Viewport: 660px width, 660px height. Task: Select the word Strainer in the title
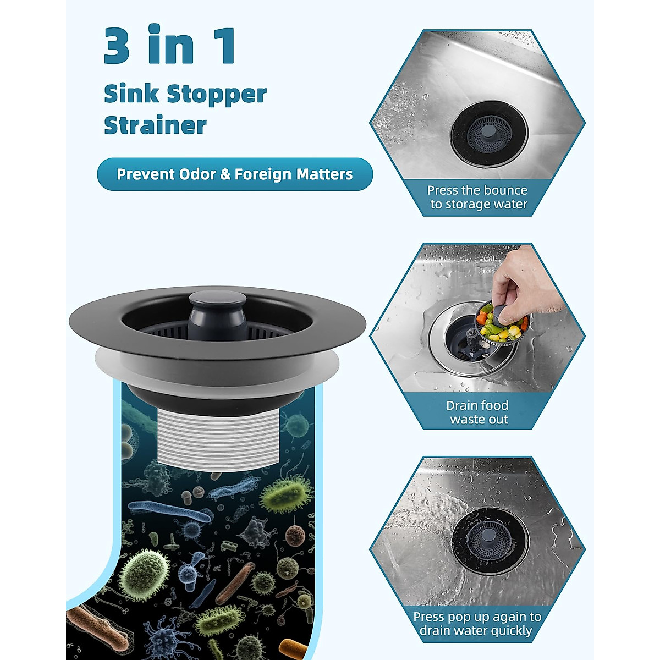155,125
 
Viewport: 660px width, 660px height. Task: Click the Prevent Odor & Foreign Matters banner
235,174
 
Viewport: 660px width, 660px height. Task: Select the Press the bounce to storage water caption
477,197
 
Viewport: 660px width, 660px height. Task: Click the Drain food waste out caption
477,413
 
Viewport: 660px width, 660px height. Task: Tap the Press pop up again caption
477,624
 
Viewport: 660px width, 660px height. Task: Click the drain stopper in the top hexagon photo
488,132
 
